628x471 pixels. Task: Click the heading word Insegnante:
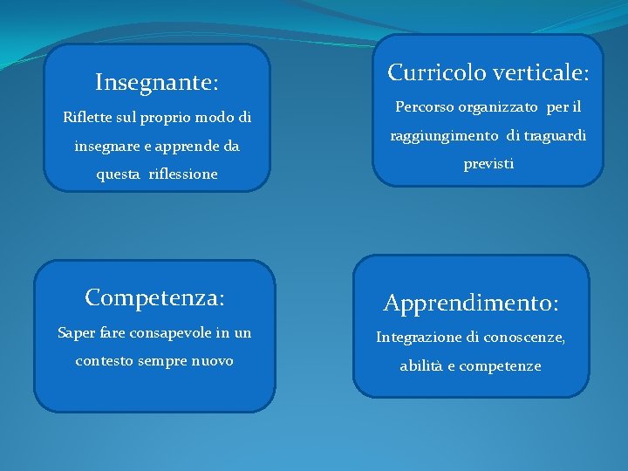pyautogui.click(x=157, y=83)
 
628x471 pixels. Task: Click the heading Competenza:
pyautogui.click(x=155, y=298)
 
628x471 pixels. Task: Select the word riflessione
pyautogui.click(x=183, y=174)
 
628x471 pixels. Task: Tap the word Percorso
pyautogui.click(x=425, y=108)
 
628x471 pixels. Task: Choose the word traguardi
pyautogui.click(x=556, y=136)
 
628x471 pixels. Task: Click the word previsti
pyautogui.click(x=488, y=163)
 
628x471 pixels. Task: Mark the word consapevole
pyautogui.click(x=170, y=332)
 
